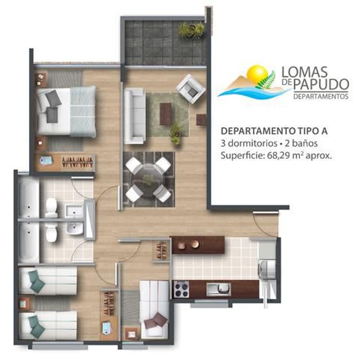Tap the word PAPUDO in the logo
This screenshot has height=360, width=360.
[321, 85]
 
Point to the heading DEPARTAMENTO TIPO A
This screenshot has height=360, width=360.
[274, 131]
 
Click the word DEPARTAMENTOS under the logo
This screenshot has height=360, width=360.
[321, 96]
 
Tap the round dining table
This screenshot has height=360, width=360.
[148, 179]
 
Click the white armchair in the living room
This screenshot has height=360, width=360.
[190, 88]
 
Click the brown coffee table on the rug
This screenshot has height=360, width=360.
[166, 114]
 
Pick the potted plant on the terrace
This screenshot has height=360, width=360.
[192, 31]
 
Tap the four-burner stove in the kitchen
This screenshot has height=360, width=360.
[181, 289]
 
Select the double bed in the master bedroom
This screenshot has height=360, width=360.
[67, 112]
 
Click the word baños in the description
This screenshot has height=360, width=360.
[306, 143]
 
